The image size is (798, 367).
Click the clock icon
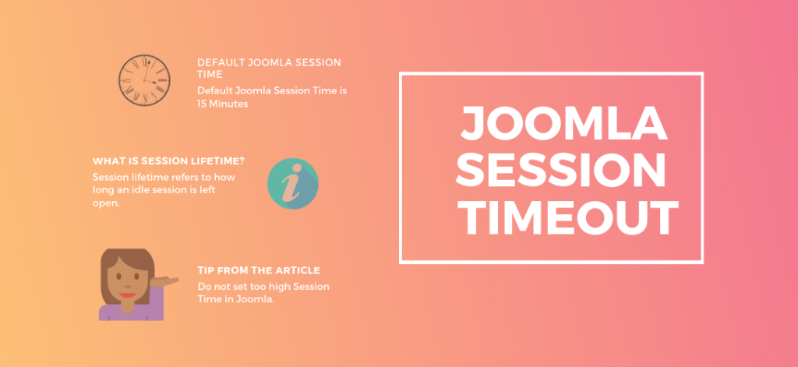[x=144, y=80]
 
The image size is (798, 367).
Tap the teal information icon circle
[x=293, y=184]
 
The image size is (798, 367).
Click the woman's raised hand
[x=165, y=281]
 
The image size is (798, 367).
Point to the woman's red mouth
[x=127, y=295]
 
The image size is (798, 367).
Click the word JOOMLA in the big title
[x=564, y=124]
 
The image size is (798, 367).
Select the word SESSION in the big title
[x=561, y=171]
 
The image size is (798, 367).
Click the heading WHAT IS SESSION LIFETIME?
[x=168, y=161]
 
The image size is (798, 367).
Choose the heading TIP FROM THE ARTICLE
[x=259, y=270]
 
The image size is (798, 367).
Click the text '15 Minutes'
[x=222, y=104]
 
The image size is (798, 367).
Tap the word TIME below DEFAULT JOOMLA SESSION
[x=210, y=74]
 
